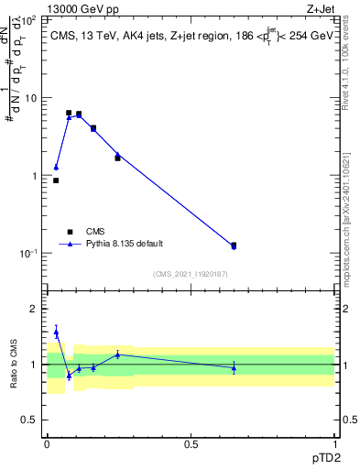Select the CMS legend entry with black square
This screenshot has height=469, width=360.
point(70,232)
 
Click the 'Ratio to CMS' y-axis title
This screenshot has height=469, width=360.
point(15,365)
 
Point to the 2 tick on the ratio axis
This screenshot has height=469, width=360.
point(38,309)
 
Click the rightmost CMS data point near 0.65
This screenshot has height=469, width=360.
point(234,245)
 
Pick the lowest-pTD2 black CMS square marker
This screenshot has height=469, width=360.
point(56,180)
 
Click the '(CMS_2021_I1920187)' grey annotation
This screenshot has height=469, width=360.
point(191,273)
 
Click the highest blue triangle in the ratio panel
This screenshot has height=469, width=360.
point(56,333)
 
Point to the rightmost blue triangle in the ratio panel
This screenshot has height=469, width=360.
point(234,368)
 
